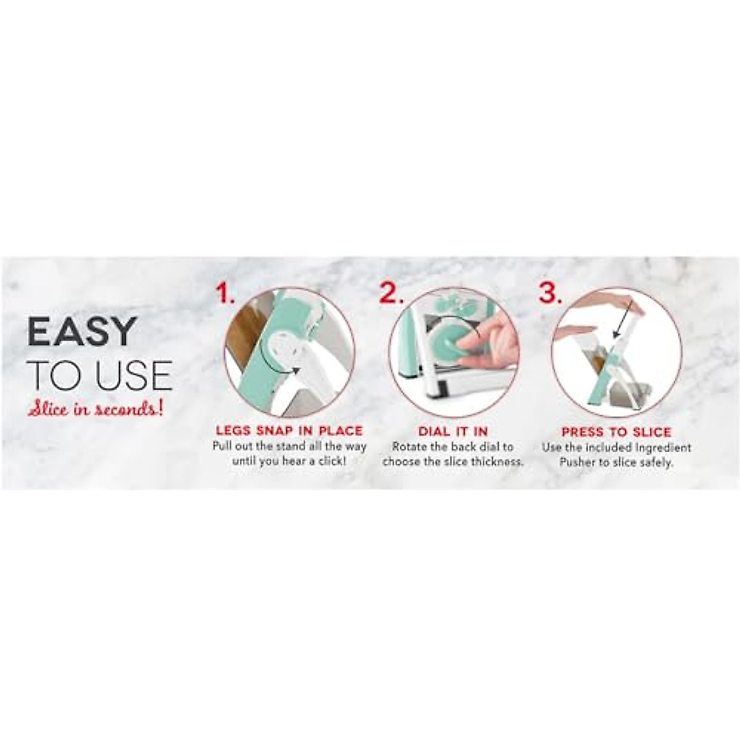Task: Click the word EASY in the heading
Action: [81, 332]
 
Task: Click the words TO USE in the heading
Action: [99, 376]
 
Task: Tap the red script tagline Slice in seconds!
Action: [95, 409]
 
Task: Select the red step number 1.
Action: [226, 294]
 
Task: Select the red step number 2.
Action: [391, 294]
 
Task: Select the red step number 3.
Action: [551, 294]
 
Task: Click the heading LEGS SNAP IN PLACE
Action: [289, 431]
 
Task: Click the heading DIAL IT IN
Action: [453, 432]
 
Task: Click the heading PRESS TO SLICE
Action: [616, 432]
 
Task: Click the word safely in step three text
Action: [651, 462]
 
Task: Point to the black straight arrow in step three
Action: [625, 321]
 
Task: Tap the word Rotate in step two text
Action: [409, 447]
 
